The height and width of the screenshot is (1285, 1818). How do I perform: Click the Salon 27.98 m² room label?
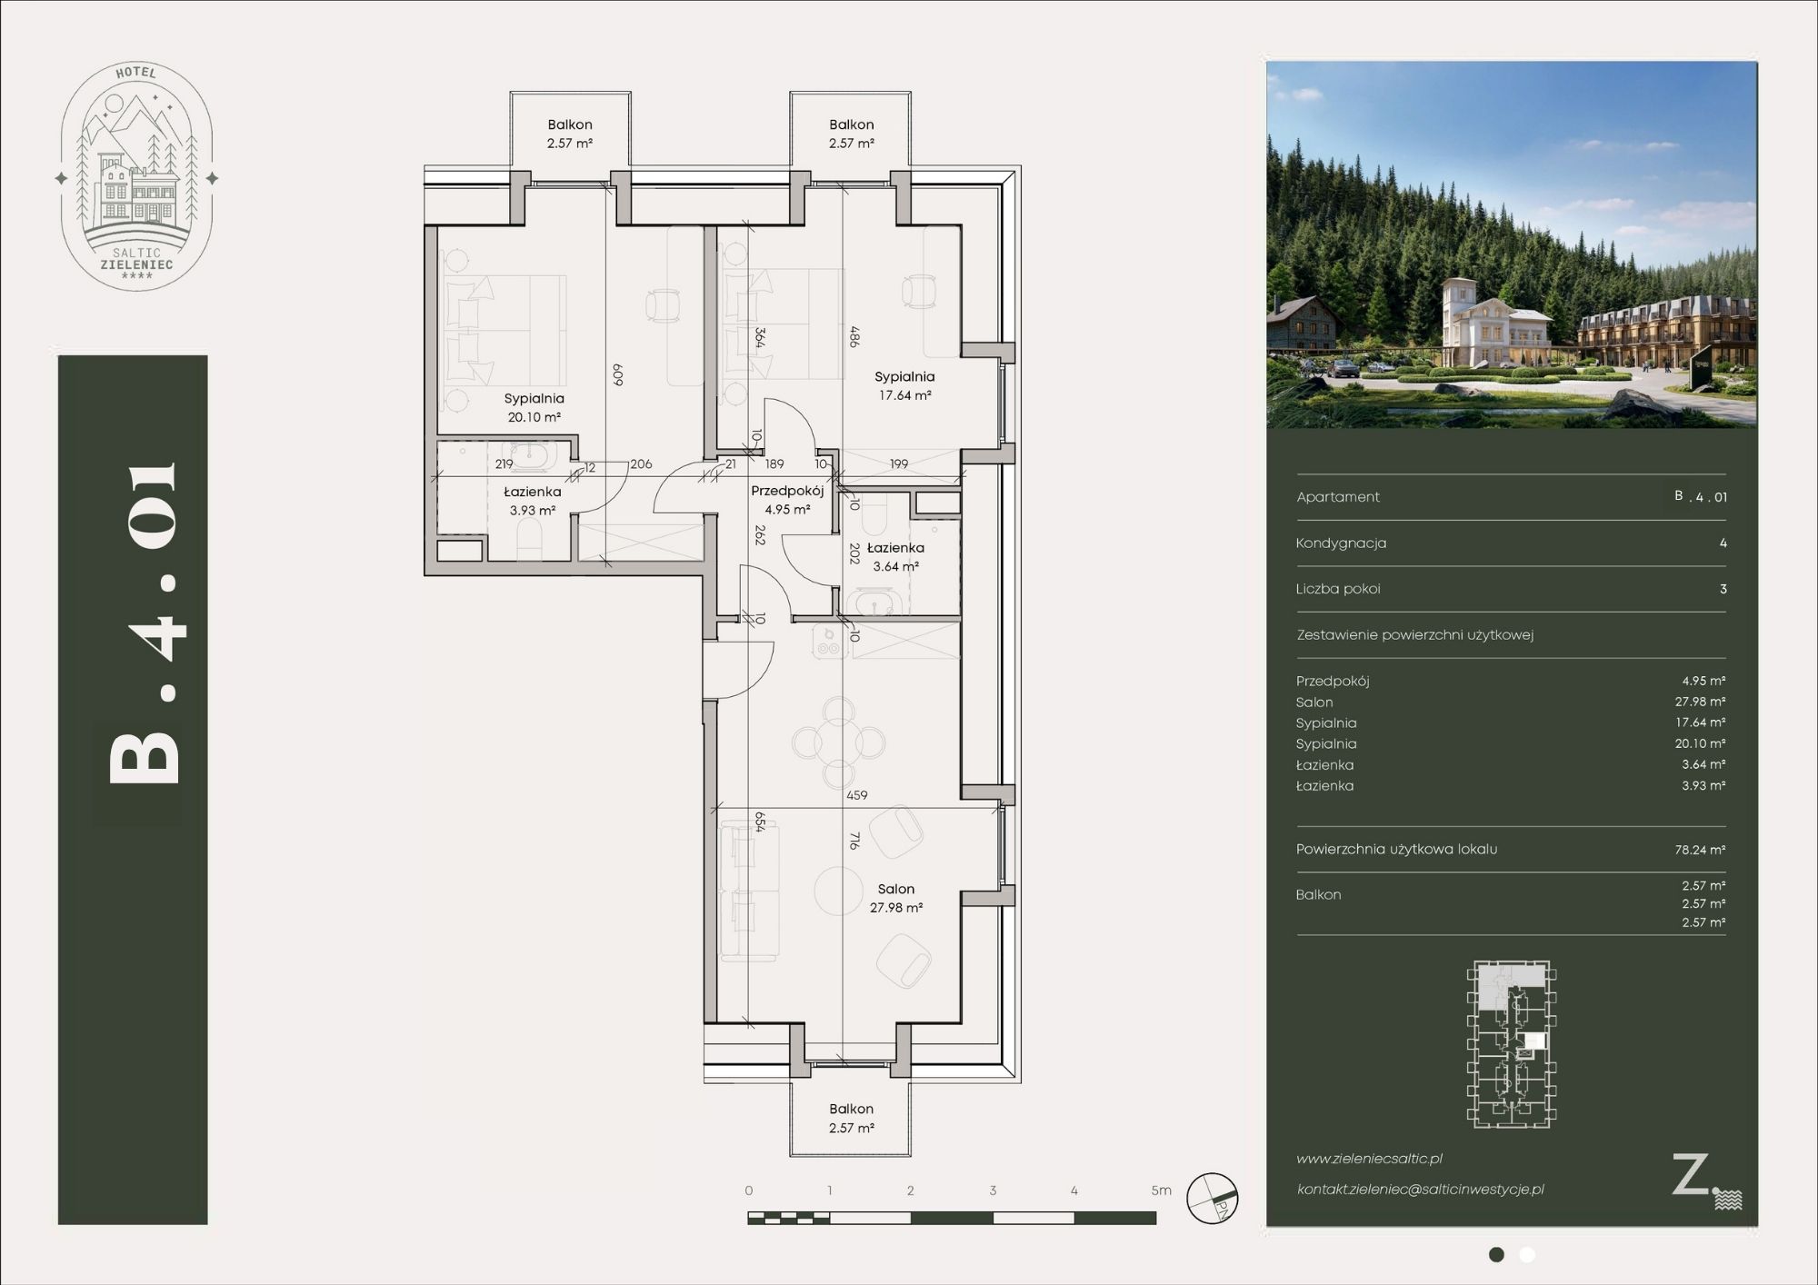pyautogui.click(x=896, y=898)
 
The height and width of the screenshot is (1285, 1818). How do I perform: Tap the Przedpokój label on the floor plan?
pyautogui.click(x=787, y=500)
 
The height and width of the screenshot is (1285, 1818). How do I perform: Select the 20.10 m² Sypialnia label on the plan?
pyautogui.click(x=534, y=407)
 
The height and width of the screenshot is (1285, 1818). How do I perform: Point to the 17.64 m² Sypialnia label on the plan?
pyautogui.click(x=904, y=385)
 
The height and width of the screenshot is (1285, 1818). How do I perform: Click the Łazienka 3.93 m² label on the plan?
pyautogui.click(x=533, y=501)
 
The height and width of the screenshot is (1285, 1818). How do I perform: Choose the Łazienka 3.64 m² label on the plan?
pyautogui.click(x=895, y=556)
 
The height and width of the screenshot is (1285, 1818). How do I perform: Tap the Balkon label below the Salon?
pyautogui.click(x=852, y=1118)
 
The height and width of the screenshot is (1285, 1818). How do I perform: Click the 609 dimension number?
pyautogui.click(x=617, y=375)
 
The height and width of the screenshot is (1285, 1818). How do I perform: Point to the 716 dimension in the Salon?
pyautogui.click(x=854, y=841)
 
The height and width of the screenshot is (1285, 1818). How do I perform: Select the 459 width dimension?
pyautogui.click(x=856, y=795)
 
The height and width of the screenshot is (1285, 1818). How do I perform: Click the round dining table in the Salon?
pyautogui.click(x=838, y=742)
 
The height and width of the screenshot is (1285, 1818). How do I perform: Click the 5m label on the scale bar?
pyautogui.click(x=1162, y=1190)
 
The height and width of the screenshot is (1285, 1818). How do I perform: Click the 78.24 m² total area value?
pyautogui.click(x=1700, y=850)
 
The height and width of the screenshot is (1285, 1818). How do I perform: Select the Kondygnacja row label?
pyautogui.click(x=1341, y=543)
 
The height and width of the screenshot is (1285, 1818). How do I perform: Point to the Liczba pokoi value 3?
pyautogui.click(x=1723, y=589)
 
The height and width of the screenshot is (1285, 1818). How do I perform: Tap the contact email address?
pyautogui.click(x=1420, y=1190)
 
